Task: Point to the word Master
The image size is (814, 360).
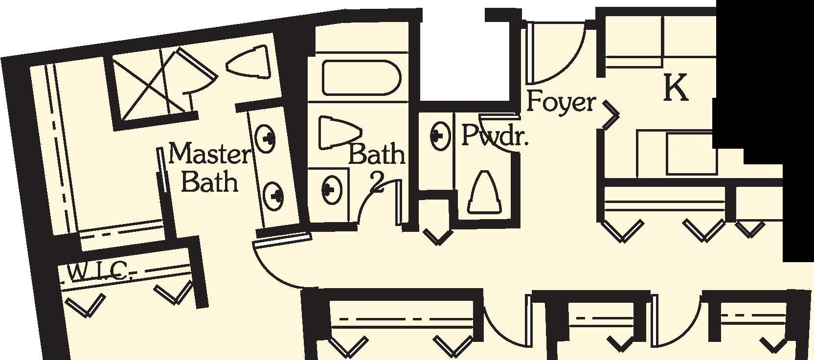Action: click(x=209, y=155)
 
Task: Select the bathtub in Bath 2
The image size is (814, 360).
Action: click(x=361, y=78)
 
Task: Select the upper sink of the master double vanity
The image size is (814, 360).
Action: click(x=266, y=139)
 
